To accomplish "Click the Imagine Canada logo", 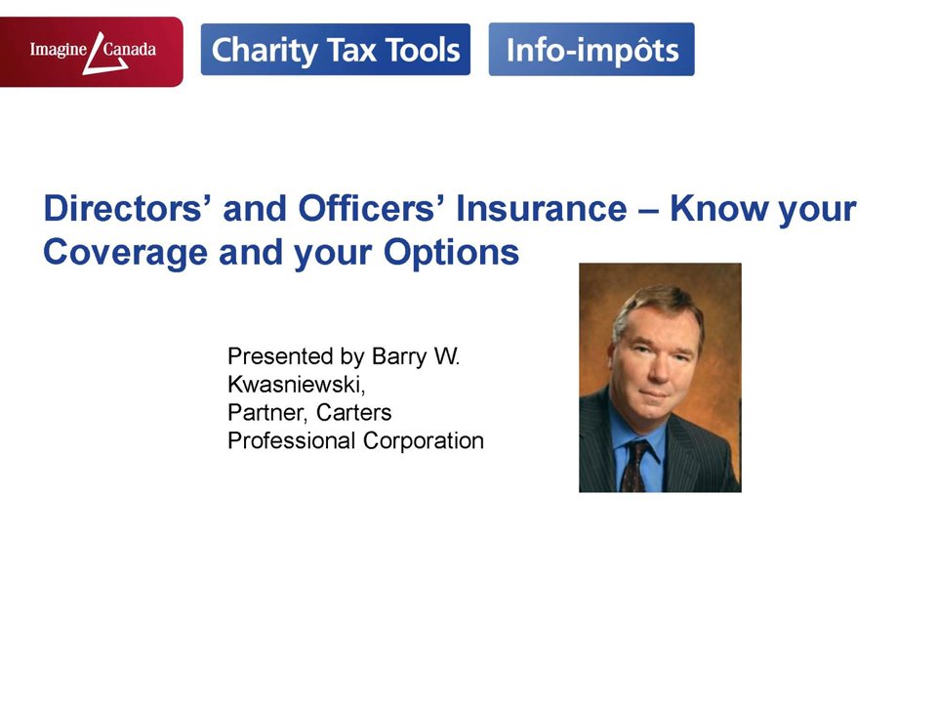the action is coord(92,52).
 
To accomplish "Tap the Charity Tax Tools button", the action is coord(335,50).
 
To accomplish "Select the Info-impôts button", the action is coord(591,50).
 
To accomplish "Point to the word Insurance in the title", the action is coord(542,208).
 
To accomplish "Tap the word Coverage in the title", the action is coord(126,253).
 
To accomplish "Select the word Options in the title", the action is coord(451,253).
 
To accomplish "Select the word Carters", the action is coord(353,412).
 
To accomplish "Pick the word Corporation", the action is coord(423,441).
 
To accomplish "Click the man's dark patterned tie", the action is coord(634,467).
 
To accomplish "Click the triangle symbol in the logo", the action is coord(103,54).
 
